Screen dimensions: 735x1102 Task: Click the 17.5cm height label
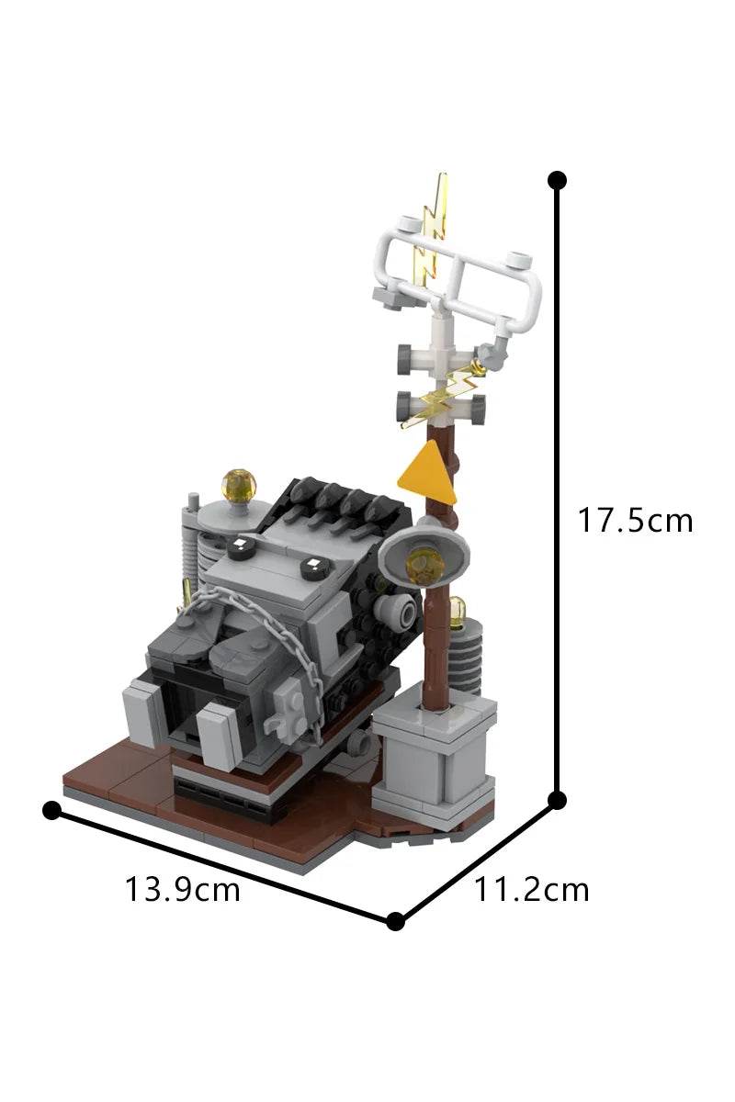coord(635,521)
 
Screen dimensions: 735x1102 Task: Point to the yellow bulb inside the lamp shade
coord(424,567)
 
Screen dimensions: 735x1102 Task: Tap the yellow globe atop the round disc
coord(239,485)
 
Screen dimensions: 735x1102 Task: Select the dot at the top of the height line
coord(556,180)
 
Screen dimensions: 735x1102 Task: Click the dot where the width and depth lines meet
coord(395,921)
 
